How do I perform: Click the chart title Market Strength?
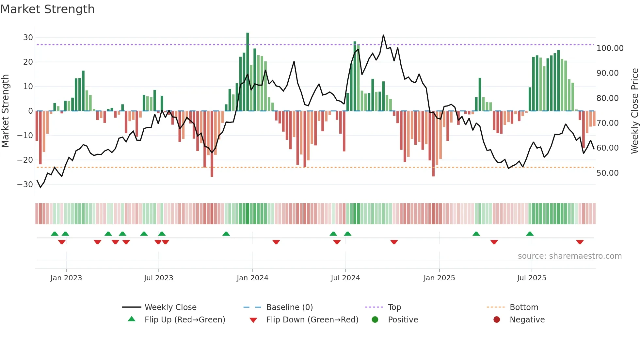point(47,9)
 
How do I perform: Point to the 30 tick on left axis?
point(28,37)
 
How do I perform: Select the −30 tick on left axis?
point(25,184)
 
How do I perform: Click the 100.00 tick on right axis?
point(610,48)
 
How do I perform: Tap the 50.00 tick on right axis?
point(607,173)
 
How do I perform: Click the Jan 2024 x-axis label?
point(252,278)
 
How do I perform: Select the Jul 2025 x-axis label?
point(531,278)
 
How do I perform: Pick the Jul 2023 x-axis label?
point(158,278)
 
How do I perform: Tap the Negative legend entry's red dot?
point(496,320)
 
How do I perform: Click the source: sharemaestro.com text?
point(569,256)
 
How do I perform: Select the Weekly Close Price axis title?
point(634,111)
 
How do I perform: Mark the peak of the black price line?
point(383,35)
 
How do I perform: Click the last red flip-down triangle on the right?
point(580,242)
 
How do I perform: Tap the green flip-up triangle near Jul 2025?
point(530,234)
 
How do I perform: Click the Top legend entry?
point(394,307)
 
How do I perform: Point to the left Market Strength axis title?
point(5,111)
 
